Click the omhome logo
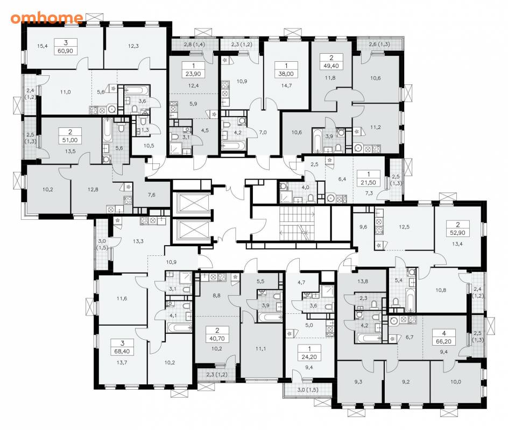pos(47,18)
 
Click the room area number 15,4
pos(42,46)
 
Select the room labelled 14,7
pos(286,86)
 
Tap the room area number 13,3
pos(138,241)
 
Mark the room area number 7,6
pos(151,195)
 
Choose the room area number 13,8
pos(363,282)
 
